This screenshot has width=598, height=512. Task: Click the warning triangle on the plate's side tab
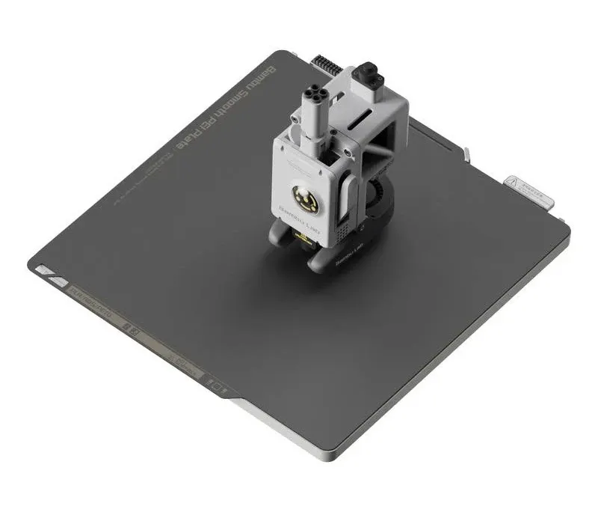pos(515,183)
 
